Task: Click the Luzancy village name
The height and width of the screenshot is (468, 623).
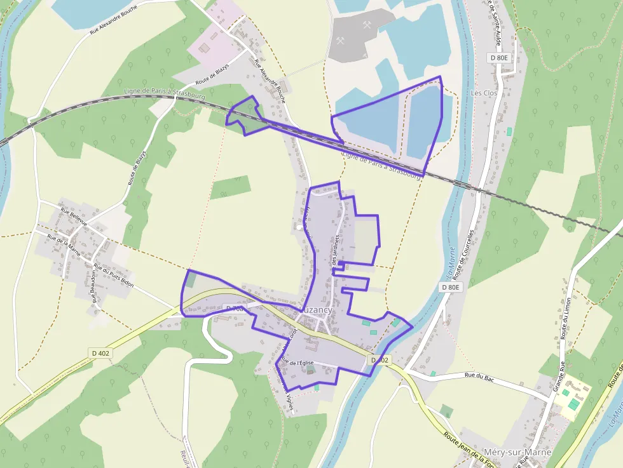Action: pyautogui.click(x=316, y=309)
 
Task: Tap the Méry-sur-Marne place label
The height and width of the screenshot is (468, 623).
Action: pyautogui.click(x=517, y=452)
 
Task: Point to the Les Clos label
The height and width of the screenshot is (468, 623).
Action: pyautogui.click(x=484, y=93)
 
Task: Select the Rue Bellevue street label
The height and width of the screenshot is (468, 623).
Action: pyautogui.click(x=73, y=215)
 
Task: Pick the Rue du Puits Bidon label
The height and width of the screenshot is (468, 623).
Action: pyautogui.click(x=113, y=276)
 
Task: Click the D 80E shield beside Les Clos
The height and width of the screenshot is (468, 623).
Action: pyautogui.click(x=500, y=58)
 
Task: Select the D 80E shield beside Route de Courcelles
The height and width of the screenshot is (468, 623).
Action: pyautogui.click(x=451, y=287)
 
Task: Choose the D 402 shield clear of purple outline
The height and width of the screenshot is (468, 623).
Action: pyautogui.click(x=100, y=353)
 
